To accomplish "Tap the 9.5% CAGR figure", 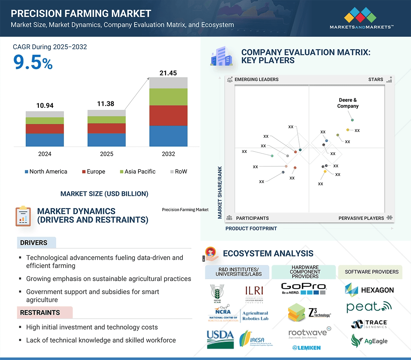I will pos(33,62).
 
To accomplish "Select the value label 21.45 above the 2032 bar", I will pos(168,73).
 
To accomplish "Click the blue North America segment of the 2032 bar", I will pos(168,136).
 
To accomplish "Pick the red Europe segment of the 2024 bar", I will pos(45,129).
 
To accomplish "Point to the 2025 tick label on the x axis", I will pos(106,154).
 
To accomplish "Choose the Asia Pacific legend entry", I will pos(137,172).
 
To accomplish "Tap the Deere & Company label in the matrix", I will pos(348,103).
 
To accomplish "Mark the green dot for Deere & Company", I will pos(352,120).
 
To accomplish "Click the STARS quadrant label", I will pos(376,79).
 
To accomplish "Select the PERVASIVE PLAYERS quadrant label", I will pos(361,218).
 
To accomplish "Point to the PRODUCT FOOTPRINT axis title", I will pos(251,228).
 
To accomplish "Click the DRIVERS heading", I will pos(34,243).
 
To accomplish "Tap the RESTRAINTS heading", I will pos(40,313).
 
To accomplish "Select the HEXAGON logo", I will pos(369,290).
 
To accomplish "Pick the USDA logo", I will pos(220,339).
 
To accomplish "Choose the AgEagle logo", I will pos(369,341).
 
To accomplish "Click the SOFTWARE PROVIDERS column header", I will pos(372,272).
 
